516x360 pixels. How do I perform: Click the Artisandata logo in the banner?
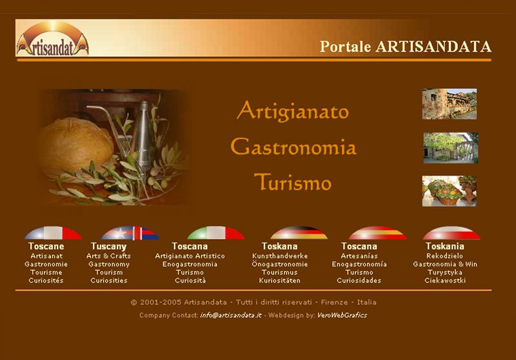point(53,39)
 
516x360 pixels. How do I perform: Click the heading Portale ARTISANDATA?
point(406,46)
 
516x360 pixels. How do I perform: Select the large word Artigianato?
point(293,111)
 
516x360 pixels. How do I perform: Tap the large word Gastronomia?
point(293,146)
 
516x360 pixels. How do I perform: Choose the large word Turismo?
point(293,182)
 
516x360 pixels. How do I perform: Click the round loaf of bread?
point(76,144)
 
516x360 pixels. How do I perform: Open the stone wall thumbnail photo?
point(449,104)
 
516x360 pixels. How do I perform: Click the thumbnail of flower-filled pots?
point(449,191)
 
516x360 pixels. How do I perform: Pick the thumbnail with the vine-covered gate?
point(450,148)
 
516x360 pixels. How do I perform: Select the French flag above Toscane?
point(53,233)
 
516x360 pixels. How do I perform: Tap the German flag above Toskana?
point(299,233)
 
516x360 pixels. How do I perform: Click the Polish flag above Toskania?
point(451,233)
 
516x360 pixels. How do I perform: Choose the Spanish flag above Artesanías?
point(377,233)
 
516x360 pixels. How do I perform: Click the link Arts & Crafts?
point(108,256)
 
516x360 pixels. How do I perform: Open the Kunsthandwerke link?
point(280,256)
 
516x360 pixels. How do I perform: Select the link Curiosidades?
point(359,281)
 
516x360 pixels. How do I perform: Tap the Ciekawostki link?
point(445,281)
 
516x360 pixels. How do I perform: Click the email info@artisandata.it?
point(231,315)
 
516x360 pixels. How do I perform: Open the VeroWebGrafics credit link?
point(342,315)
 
